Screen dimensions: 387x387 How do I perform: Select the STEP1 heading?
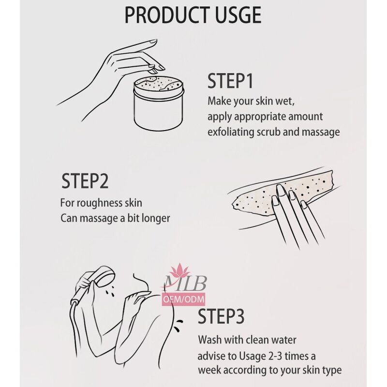(230, 81)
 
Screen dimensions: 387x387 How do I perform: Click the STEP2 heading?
(85, 180)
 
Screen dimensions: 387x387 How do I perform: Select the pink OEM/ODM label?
(183, 300)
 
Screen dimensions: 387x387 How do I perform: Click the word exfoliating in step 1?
(231, 132)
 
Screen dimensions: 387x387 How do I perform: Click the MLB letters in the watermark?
(185, 284)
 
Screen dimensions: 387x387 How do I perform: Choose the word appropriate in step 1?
(258, 117)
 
